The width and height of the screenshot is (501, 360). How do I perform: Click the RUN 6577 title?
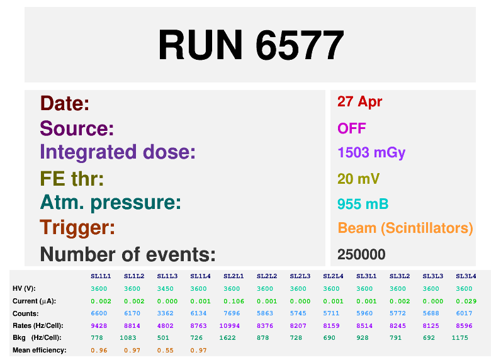pos(251,45)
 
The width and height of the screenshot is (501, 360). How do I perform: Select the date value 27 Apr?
pos(359,102)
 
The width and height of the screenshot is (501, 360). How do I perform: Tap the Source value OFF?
pos(351,128)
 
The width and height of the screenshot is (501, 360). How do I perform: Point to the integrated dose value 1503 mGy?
pos(371,153)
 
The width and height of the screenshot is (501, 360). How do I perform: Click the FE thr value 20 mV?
pos(359,179)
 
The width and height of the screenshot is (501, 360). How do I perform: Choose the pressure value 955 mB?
pos(363,204)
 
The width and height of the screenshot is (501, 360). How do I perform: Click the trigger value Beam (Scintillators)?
pos(405,228)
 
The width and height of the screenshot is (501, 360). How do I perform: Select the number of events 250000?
pos(361,255)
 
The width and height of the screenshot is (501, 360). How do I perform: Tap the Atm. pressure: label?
pos(111,203)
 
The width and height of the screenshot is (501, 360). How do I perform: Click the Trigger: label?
pos(77,227)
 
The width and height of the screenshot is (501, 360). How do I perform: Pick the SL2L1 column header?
pos(234,276)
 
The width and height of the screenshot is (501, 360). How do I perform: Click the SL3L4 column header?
pos(466,276)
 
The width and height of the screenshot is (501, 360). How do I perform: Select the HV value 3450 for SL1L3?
pos(165,289)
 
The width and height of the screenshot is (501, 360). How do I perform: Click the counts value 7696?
pos(232,313)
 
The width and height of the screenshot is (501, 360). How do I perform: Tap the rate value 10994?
pos(229,326)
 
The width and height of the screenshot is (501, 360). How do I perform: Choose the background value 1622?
pos(227,338)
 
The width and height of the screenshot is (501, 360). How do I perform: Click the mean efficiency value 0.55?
pos(165,351)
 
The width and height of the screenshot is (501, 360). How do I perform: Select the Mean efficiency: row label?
pos(40,351)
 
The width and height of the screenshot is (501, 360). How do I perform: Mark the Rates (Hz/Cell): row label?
pos(38,326)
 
